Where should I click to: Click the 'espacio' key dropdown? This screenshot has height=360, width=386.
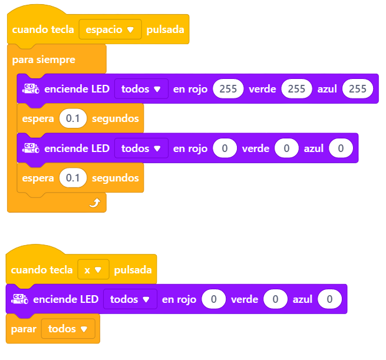[x=110, y=29]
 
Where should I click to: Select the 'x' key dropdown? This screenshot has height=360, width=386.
[x=93, y=269]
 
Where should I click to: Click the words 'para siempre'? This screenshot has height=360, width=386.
[x=44, y=60]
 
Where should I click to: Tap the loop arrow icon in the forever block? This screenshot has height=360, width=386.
[x=95, y=203]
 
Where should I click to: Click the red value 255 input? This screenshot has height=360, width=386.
[x=228, y=88]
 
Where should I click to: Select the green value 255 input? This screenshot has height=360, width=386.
[x=296, y=88]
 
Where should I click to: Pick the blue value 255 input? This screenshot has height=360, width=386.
[x=358, y=88]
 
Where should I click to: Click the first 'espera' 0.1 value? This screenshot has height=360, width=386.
[x=73, y=118]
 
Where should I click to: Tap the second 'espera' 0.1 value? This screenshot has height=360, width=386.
[x=73, y=178]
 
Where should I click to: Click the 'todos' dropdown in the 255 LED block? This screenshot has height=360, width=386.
[x=141, y=88]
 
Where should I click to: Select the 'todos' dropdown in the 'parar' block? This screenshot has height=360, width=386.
[x=68, y=329]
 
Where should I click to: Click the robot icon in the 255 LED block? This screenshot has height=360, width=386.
[x=31, y=88]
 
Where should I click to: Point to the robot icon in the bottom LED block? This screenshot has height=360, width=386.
[x=19, y=299]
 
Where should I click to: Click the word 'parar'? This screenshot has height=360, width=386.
[x=24, y=329]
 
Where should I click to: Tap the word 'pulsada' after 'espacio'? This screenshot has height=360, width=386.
[x=165, y=29]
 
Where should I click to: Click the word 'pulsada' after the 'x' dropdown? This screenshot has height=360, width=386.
[x=133, y=270]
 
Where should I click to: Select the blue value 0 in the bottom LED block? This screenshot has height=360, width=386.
[x=329, y=299]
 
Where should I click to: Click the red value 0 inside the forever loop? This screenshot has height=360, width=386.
[x=225, y=148]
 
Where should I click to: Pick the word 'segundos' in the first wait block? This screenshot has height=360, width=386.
[x=115, y=119]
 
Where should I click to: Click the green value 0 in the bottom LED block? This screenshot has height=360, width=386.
[x=275, y=299]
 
